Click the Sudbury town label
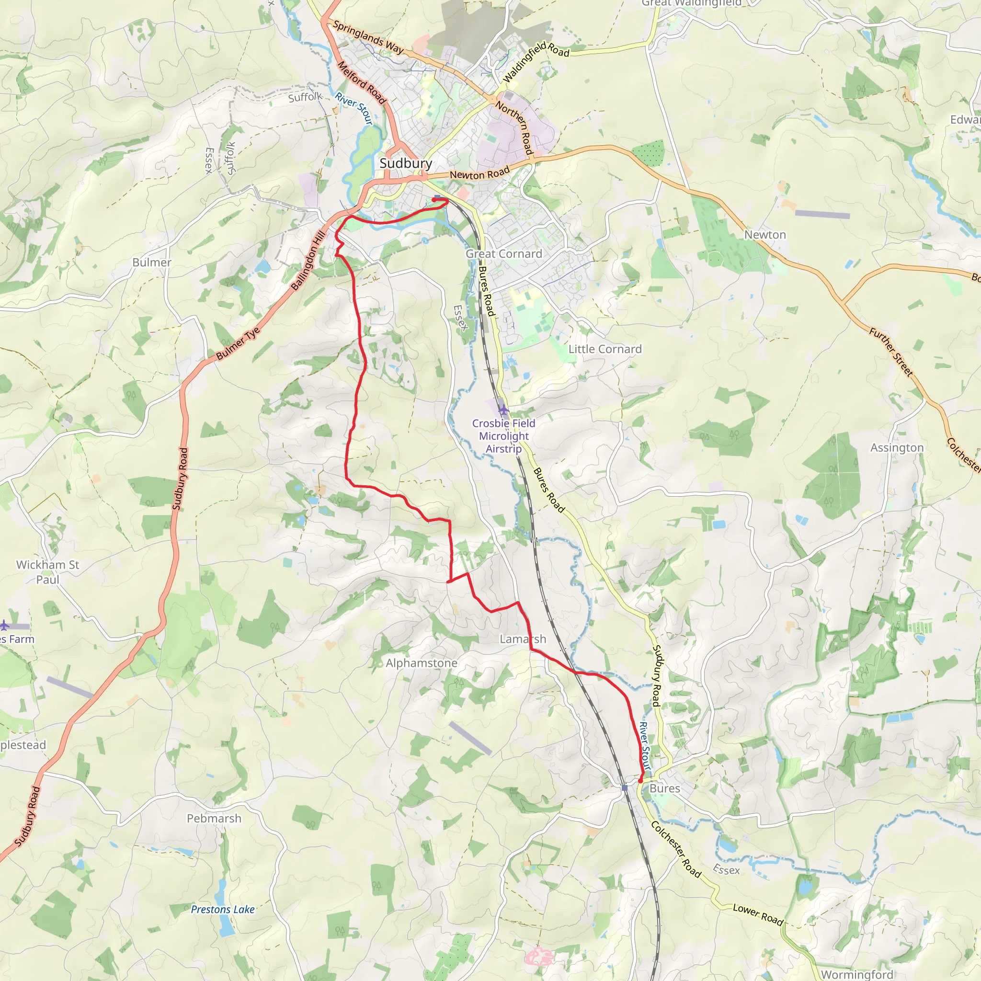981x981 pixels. (406, 163)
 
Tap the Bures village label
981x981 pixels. (665, 788)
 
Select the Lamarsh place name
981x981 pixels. (523, 639)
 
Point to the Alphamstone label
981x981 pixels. (422, 662)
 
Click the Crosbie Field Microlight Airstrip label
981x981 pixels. (503, 436)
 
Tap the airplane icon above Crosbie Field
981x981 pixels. (503, 409)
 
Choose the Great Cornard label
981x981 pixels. (504, 253)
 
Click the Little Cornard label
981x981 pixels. (605, 349)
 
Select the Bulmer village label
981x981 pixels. (152, 262)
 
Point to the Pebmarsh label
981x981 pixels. (214, 818)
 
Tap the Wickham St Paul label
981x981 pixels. (48, 572)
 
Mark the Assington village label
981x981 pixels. (897, 447)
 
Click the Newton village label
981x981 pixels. (764, 235)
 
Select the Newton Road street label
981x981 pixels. (479, 174)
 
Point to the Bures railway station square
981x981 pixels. (625, 787)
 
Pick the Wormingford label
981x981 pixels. (856, 974)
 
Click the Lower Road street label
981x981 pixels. (758, 914)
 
